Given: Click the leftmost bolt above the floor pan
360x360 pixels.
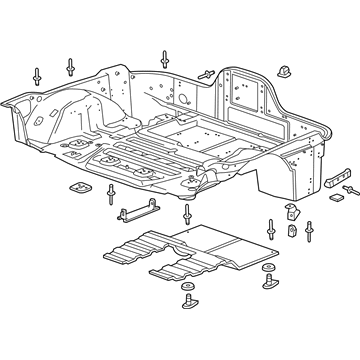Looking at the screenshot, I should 37,76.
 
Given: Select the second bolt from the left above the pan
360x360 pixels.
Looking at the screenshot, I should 71,66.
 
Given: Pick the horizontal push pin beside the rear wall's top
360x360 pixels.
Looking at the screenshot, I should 207,73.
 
